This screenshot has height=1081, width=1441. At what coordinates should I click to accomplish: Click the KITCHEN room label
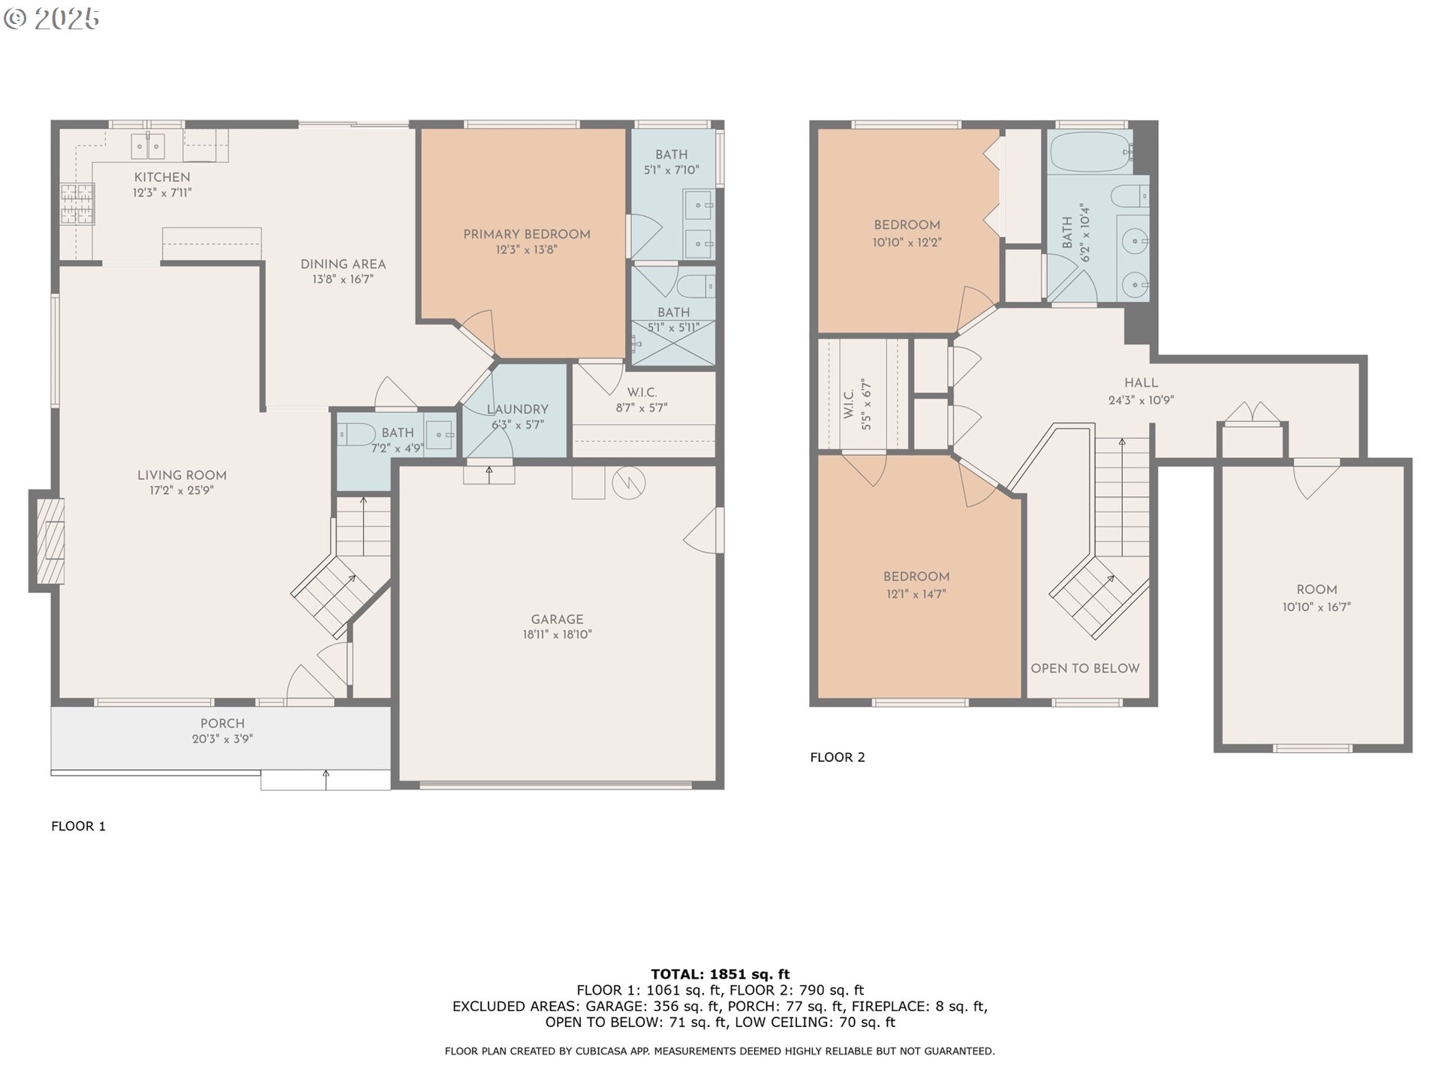(162, 177)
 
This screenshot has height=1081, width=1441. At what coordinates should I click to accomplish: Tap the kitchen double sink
(148, 146)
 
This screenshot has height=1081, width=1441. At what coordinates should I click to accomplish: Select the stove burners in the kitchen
(77, 203)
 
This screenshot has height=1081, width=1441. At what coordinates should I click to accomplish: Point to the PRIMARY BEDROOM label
(526, 234)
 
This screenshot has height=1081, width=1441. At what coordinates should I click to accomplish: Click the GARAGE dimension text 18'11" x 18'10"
(557, 634)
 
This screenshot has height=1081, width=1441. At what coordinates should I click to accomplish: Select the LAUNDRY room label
(517, 409)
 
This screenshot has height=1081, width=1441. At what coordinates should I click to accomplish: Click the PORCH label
(222, 724)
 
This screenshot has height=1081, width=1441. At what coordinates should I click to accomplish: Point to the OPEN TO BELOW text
(1085, 668)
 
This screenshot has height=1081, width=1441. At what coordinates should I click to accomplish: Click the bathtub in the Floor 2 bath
(1089, 152)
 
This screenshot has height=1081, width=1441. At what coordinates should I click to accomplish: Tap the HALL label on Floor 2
(1141, 383)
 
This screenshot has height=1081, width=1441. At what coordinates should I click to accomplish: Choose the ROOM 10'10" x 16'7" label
(1316, 590)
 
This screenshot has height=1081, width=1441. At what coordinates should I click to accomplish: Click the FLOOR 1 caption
(78, 826)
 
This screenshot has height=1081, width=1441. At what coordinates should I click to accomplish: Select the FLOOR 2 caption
(838, 757)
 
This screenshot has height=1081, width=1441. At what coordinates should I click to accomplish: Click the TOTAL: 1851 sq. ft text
(720, 974)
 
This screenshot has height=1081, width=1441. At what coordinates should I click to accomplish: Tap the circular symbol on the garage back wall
(628, 483)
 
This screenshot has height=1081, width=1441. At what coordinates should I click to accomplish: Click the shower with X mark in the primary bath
(673, 343)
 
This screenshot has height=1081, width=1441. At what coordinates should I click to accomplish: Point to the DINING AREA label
(343, 264)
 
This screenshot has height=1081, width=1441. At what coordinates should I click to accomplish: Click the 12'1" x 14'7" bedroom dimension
(916, 594)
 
